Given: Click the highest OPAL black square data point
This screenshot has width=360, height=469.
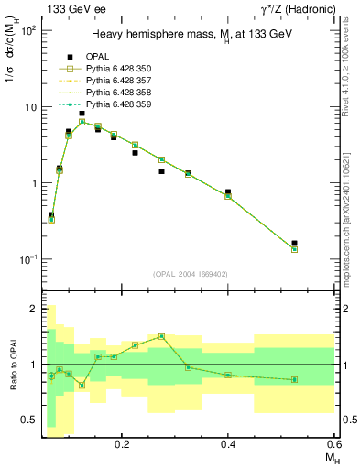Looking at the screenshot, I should [82, 114].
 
